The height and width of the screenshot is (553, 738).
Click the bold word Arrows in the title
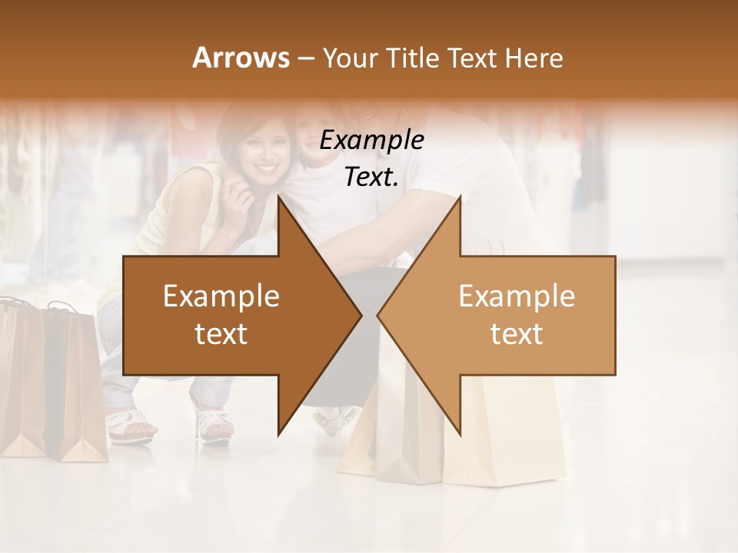pyautogui.click(x=241, y=58)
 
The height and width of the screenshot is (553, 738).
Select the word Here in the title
pyautogui.click(x=535, y=58)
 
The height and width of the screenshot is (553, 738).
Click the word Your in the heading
pyautogui.click(x=350, y=58)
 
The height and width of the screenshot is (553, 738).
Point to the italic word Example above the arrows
pyautogui.click(x=371, y=140)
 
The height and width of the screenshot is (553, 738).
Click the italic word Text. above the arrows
pyautogui.click(x=371, y=177)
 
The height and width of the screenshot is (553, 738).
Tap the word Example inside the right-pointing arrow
pyautogui.click(x=221, y=296)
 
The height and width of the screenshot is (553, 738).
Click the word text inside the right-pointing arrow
pyautogui.click(x=221, y=334)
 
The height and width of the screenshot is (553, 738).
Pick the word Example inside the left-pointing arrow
pyautogui.click(x=517, y=296)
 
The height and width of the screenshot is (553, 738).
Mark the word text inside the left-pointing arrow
pyautogui.click(x=517, y=334)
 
